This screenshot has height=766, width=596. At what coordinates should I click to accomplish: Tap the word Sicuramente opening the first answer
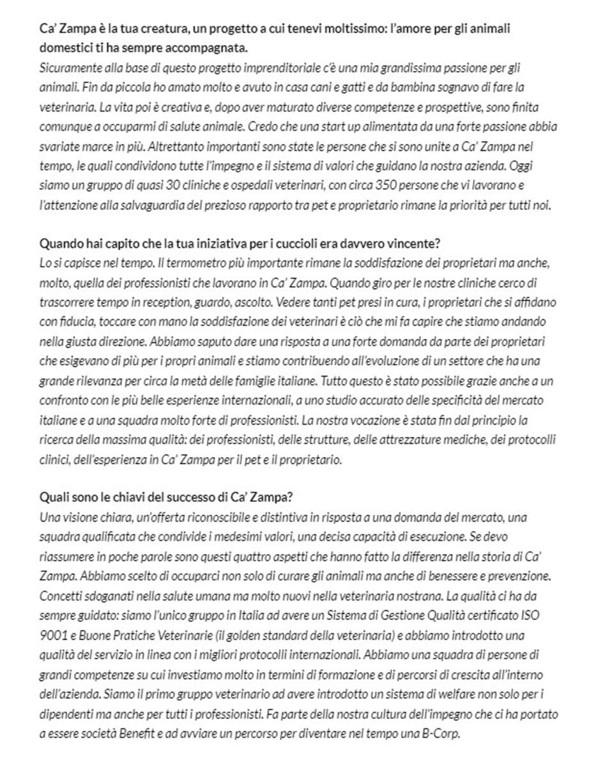68,67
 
